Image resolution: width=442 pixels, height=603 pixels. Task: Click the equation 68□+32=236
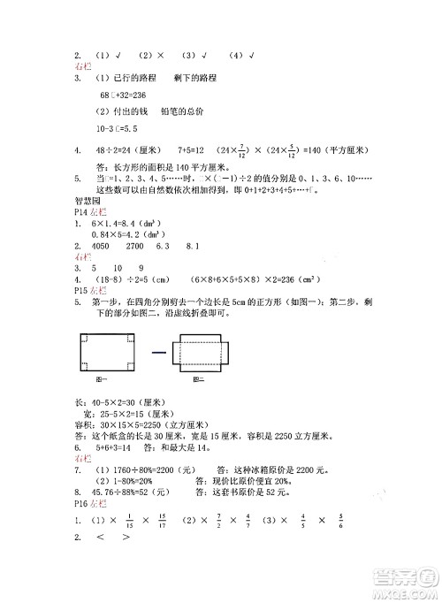[123, 94]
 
